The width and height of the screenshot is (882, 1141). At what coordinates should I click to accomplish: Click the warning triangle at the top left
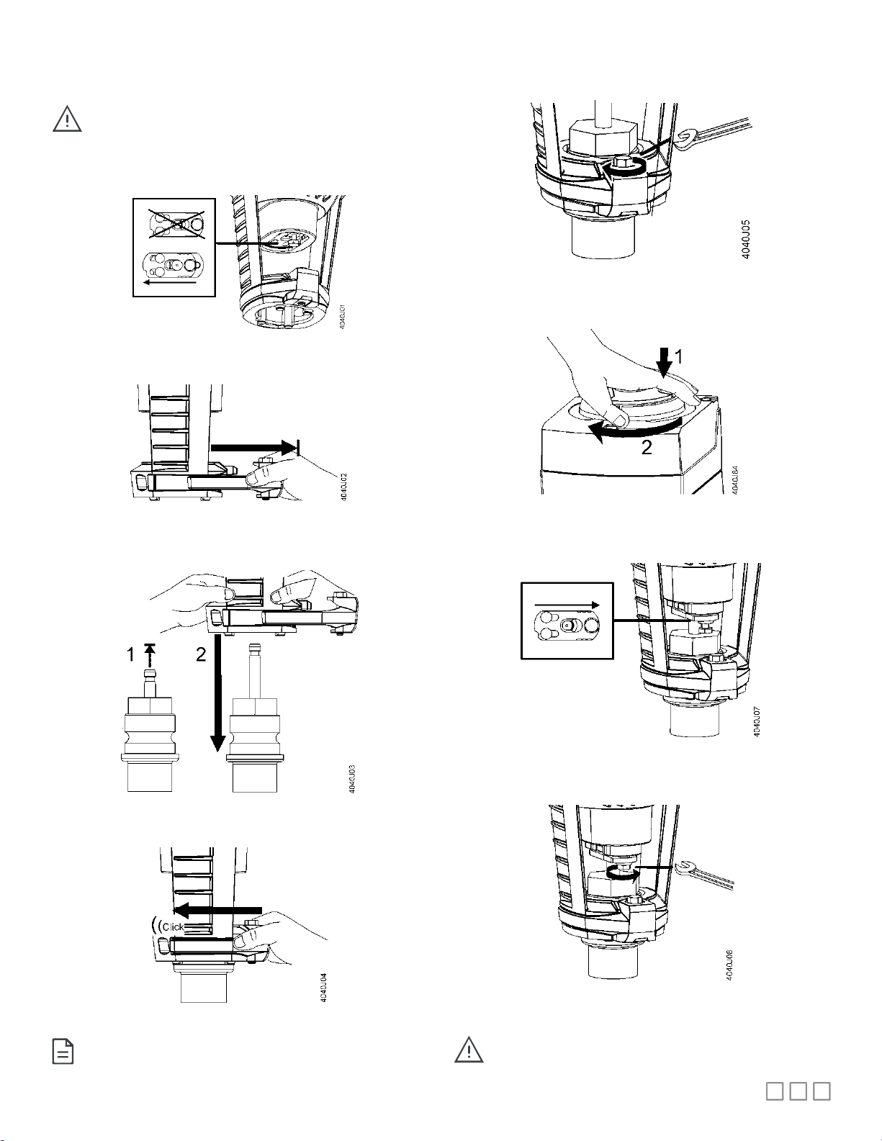click(67, 119)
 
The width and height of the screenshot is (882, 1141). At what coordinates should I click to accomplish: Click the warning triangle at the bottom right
click(468, 1050)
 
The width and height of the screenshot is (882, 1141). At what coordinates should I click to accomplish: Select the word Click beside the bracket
click(173, 926)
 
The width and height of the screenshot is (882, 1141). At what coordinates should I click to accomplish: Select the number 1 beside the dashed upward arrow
click(130, 654)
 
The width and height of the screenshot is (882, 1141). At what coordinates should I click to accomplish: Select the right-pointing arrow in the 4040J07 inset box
click(567, 605)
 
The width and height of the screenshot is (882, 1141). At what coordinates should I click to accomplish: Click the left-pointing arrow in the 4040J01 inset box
click(170, 283)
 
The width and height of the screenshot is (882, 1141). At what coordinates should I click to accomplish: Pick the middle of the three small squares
click(798, 1091)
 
